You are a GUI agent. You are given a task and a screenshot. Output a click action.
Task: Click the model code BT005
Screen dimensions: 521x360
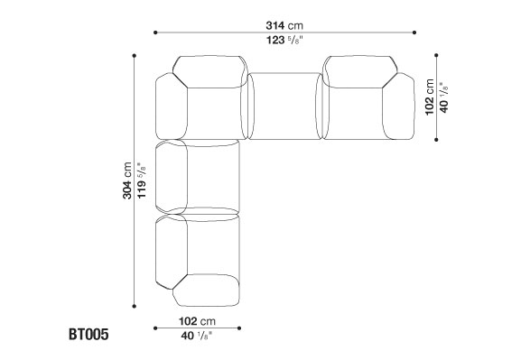coord(88,334)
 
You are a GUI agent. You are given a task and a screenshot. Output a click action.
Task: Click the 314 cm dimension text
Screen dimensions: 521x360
coord(284,25)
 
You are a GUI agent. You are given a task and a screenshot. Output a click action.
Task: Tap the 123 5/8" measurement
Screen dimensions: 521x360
coord(284,41)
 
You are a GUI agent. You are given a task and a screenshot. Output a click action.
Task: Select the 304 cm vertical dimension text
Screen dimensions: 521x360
coord(127,180)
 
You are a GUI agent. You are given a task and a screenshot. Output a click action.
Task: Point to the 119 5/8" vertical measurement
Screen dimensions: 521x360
coord(142,180)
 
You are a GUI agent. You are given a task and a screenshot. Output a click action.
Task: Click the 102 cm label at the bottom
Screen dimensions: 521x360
coord(197,321)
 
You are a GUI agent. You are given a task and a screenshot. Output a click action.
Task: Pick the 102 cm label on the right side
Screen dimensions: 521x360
coord(430,97)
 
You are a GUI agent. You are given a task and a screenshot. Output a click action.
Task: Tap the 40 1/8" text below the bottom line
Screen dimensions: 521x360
coord(196,336)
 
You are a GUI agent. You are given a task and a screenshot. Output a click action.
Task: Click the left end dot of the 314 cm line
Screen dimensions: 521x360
coord(155,32)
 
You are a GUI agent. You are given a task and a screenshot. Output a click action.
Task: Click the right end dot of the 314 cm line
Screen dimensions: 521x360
coord(414,32)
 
